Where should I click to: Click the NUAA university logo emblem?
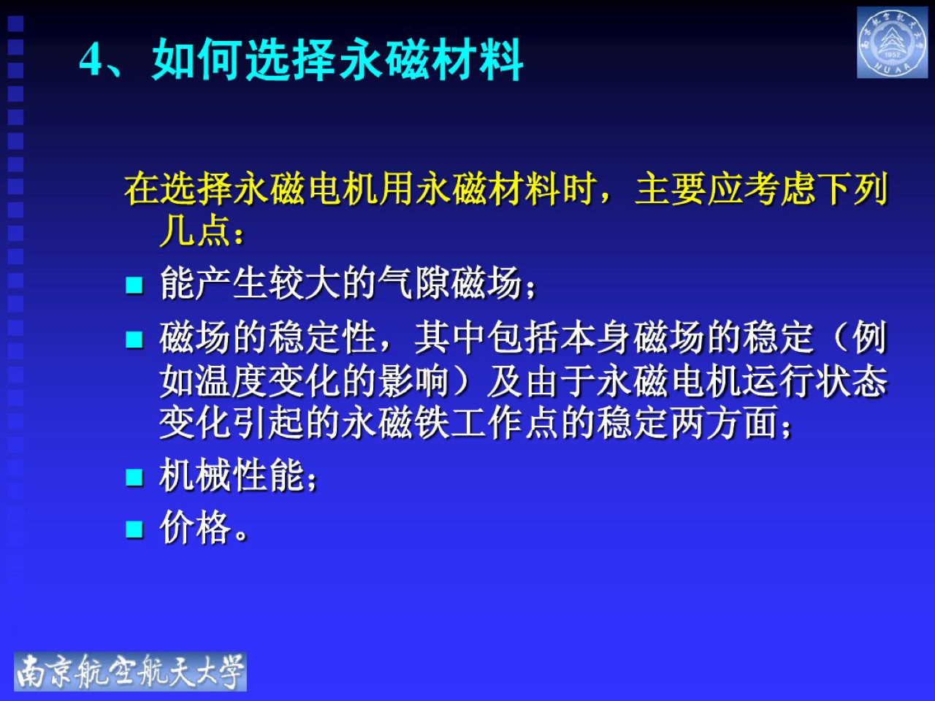pos(892,43)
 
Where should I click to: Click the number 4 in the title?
pos(91,60)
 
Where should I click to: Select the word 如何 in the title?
pos(197,60)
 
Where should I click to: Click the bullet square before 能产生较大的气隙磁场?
pos(134,285)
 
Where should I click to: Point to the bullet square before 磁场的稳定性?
pos(134,340)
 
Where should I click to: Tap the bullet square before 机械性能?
pos(134,478)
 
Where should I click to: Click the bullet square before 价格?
pos(134,529)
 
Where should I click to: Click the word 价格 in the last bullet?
pos(195,527)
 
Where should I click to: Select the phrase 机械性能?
pos(232,476)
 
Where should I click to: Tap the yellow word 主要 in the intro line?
pos(671,190)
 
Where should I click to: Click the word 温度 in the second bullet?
pos(232,381)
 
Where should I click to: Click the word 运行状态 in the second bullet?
pos(814,381)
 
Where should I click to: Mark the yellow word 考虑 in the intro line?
pos(779,190)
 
